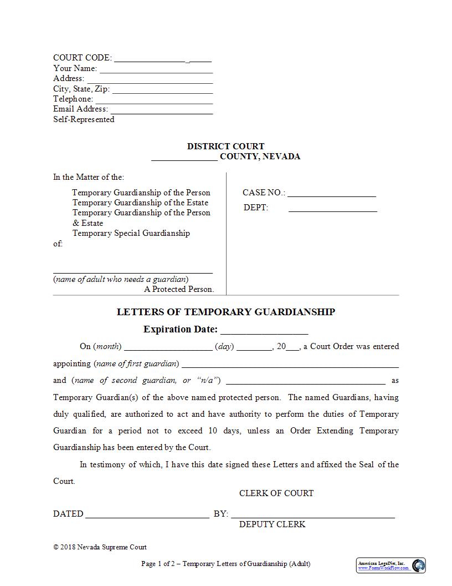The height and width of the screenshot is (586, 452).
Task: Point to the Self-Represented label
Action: click(x=84, y=119)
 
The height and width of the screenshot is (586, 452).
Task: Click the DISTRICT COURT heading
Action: click(x=225, y=146)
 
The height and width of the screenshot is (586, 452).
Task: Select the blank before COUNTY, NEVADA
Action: click(x=184, y=158)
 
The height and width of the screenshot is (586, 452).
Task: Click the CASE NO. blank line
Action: click(x=331, y=195)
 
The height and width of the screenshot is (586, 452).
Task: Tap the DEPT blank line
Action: click(x=332, y=210)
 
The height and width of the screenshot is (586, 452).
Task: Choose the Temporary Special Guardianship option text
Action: click(x=131, y=233)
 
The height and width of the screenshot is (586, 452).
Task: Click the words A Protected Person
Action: click(x=179, y=289)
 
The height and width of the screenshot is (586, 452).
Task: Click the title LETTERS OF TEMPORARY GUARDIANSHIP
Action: click(x=225, y=312)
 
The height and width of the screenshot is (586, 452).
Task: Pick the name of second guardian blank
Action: click(x=305, y=382)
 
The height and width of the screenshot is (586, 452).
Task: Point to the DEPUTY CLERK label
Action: click(x=272, y=524)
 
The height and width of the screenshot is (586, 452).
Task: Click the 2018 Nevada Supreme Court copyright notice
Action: click(x=100, y=547)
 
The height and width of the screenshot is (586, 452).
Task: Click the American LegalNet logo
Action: click(x=391, y=565)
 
